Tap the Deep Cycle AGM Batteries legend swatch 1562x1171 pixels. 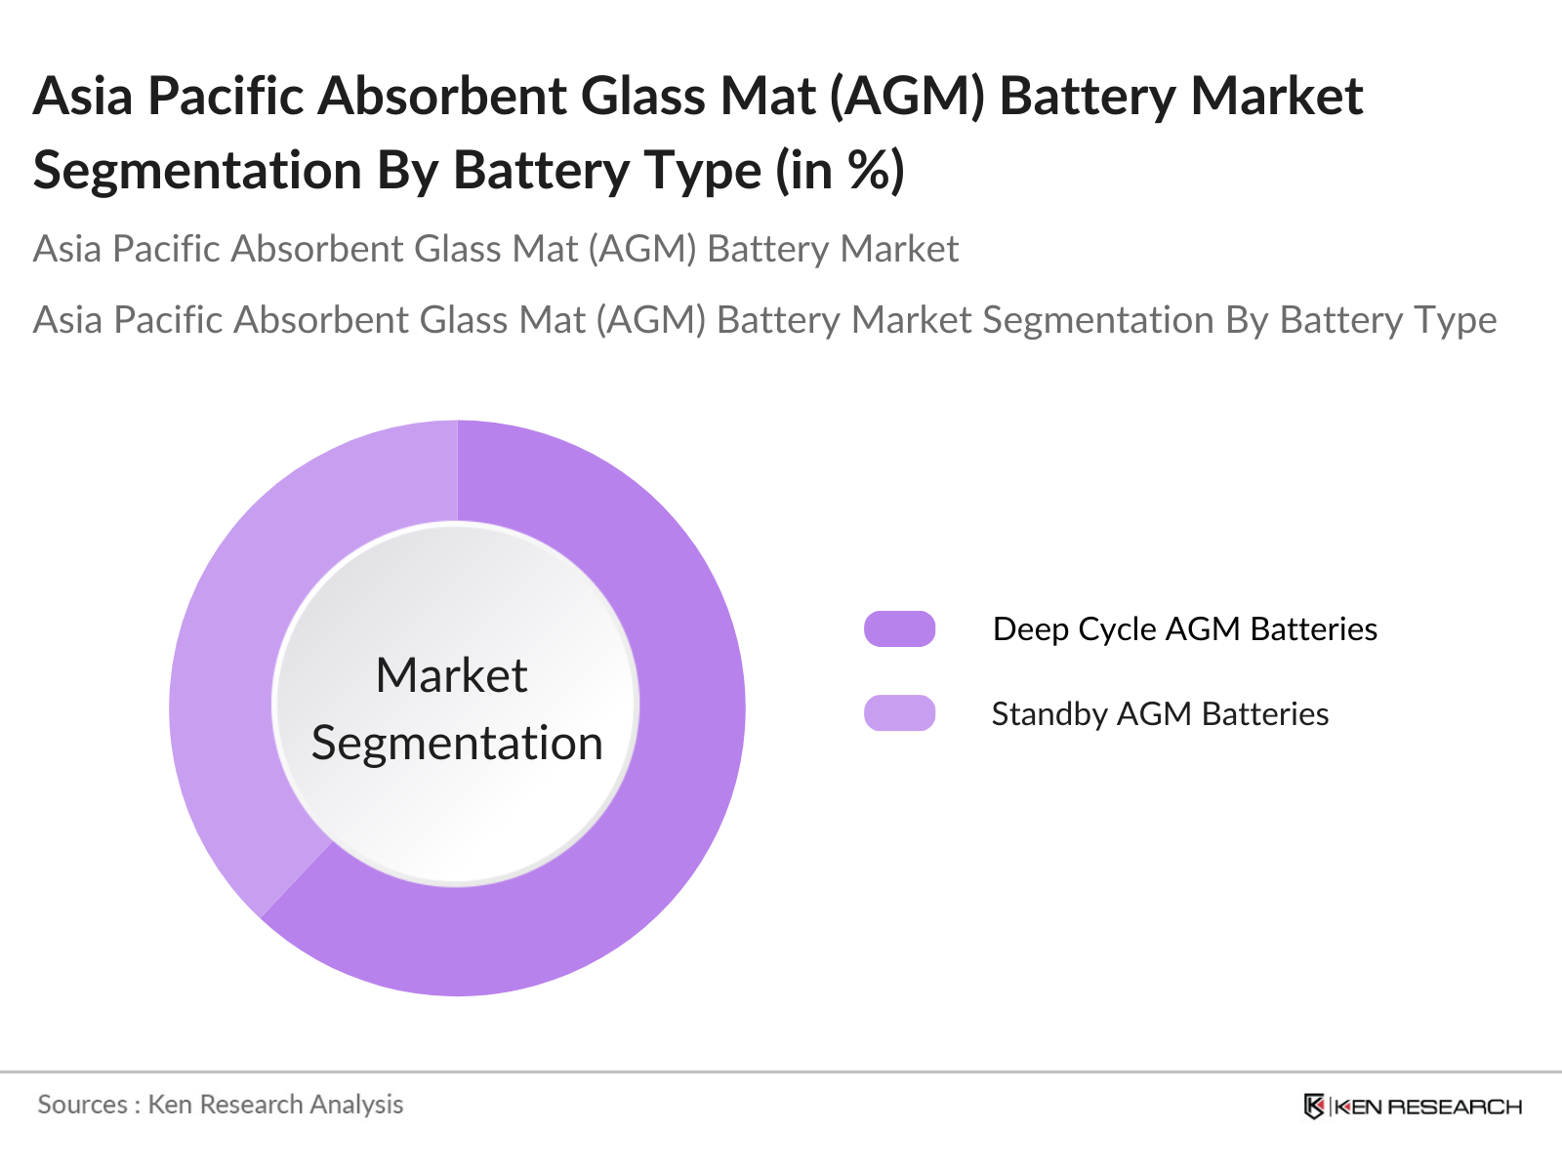pos(899,629)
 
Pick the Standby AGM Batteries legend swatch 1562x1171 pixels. pos(899,713)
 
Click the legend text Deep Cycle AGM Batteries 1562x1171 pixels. pos(1184,629)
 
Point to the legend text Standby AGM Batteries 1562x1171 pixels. pos(1160,714)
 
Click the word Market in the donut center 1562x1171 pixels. pos(451,675)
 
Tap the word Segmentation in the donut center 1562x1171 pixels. pos(457,744)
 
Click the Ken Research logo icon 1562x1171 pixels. pos(1314,1107)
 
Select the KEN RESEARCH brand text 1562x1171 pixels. pos(1427,1107)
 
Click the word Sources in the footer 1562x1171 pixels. pos(82,1105)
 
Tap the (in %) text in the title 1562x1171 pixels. pos(841,171)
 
